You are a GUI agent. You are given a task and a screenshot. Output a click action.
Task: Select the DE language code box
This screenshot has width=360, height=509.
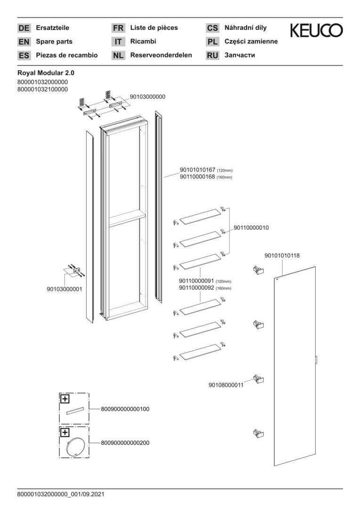tap(24, 28)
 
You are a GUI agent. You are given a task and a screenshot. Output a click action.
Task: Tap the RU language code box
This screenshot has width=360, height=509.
tap(213, 56)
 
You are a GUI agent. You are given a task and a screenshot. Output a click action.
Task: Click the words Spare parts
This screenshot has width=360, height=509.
tap(54, 41)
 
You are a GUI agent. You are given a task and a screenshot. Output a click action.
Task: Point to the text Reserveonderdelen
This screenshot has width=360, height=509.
tap(161, 55)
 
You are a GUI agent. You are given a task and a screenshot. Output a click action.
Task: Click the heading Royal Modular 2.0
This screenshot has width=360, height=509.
tap(46, 74)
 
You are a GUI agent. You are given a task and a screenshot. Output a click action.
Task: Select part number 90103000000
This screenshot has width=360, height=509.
tap(147, 97)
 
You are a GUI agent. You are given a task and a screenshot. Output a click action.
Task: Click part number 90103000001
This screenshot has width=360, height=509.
tap(65, 289)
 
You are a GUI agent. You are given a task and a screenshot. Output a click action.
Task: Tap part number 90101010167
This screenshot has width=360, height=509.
tap(197, 170)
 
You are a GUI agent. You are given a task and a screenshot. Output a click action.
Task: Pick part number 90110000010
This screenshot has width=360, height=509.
tap(251, 228)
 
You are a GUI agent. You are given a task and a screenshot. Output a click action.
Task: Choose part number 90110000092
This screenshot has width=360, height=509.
tap(196, 288)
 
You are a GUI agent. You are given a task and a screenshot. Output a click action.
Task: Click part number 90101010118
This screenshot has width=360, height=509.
tap(282, 255)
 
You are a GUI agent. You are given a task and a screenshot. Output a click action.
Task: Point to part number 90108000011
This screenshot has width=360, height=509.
tap(226, 385)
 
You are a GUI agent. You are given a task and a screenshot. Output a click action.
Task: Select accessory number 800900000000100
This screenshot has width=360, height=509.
tap(125, 409)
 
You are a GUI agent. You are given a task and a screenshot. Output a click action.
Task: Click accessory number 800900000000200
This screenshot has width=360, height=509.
tap(125, 443)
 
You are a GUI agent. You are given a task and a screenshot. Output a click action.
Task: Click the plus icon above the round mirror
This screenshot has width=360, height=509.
tap(65, 432)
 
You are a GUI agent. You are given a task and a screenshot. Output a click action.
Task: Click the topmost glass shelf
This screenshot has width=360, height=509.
tap(200, 216)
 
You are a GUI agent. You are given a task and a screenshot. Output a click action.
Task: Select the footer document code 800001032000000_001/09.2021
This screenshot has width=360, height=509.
tap(61, 495)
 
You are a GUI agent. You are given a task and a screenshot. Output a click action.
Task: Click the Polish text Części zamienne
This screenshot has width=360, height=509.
tap(251, 41)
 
